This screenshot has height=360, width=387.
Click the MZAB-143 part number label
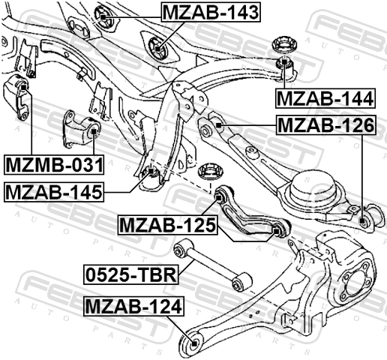coord(211,13)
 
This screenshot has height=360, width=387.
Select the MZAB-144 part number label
coord(325,98)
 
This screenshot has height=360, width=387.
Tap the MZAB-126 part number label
coord(325,125)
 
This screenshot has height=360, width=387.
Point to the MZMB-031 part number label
coord(54,165)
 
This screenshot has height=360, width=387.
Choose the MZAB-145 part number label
coord(54,192)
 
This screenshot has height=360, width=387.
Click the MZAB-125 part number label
coord(167,225)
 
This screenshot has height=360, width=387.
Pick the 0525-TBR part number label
coord(131,274)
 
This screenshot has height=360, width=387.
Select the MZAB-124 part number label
coord(134,306)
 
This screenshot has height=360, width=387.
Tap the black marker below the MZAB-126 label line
coord(361,220)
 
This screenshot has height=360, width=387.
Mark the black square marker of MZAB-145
coord(151,171)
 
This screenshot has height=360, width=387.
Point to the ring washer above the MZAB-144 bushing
coord(283,45)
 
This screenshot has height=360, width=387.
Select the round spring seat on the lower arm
coord(313,187)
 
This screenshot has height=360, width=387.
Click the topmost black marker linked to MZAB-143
coord(103,16)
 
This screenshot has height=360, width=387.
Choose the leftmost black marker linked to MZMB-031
coord(23,87)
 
